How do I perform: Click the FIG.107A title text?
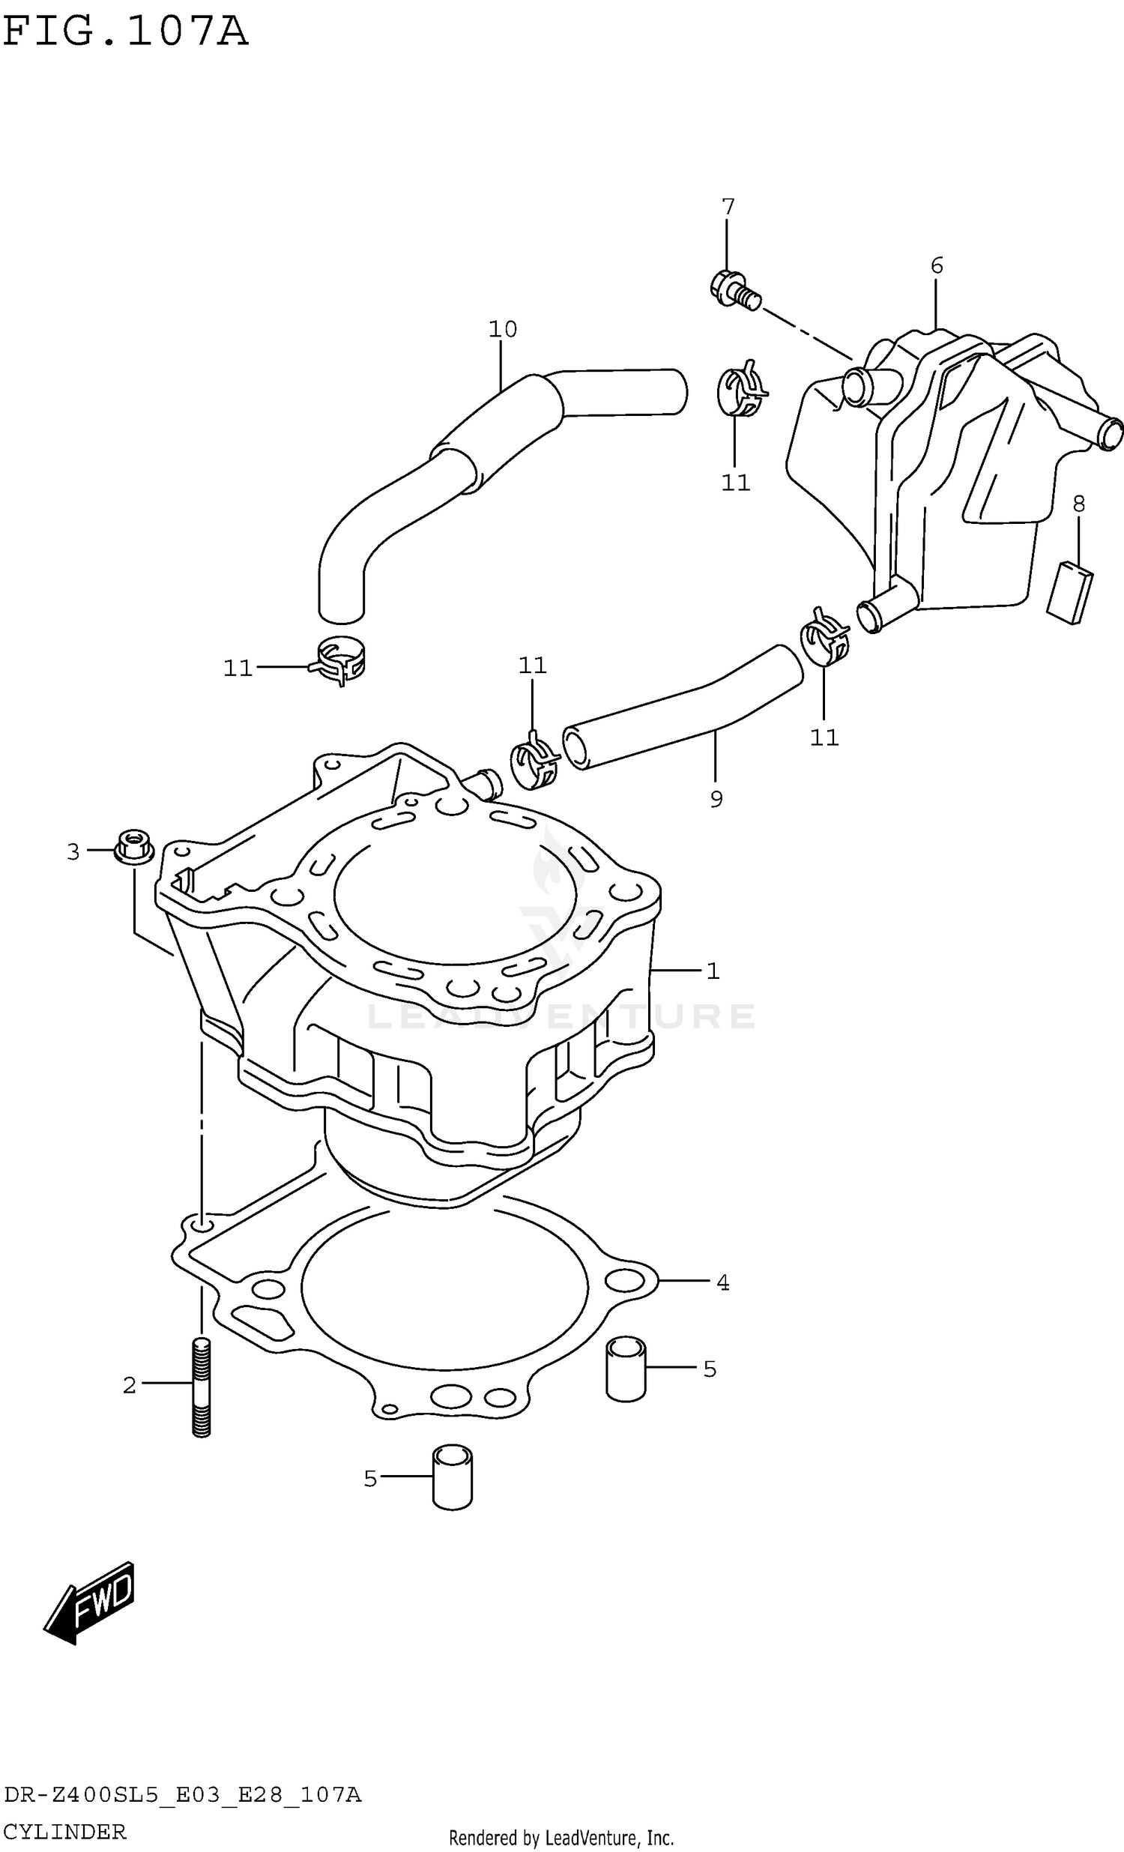coord(124,32)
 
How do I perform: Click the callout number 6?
coord(936,265)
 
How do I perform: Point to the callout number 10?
coord(503,329)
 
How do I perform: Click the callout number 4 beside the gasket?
coord(722,1283)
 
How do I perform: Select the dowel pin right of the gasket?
coord(625,1369)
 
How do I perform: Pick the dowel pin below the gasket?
coord(453,1477)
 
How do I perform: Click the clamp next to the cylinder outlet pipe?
coord(534,763)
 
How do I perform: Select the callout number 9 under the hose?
coord(716,800)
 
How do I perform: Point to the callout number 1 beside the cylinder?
coord(713,971)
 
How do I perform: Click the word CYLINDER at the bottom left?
coord(64,1833)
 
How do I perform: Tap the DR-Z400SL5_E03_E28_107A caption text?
coord(183,1796)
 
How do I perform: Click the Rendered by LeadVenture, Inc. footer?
coord(561,1839)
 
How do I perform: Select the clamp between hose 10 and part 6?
coord(740,390)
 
